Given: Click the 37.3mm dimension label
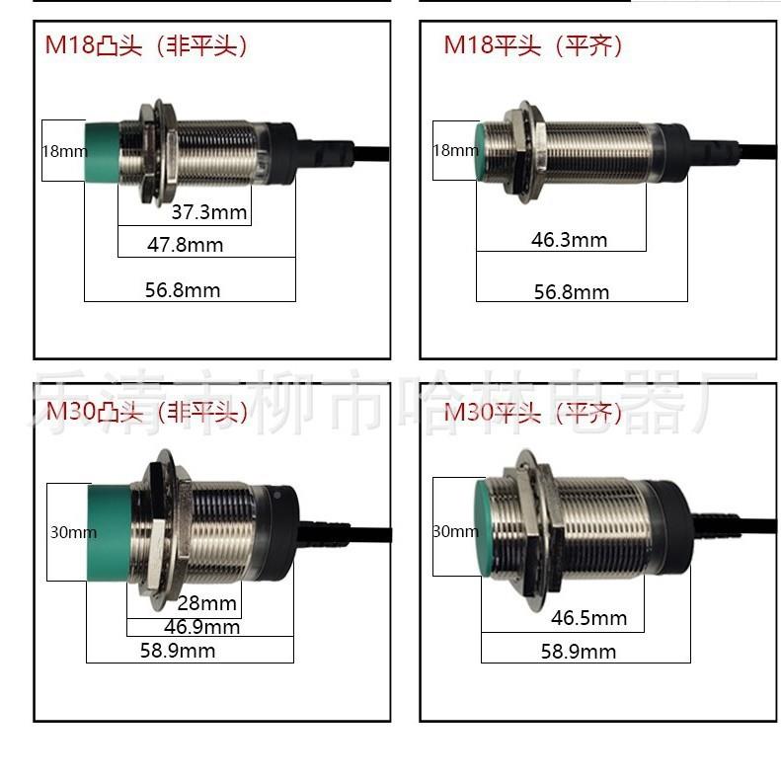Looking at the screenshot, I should (x=208, y=212).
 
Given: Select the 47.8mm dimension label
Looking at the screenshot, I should (x=186, y=245).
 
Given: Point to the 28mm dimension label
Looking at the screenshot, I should (x=207, y=603).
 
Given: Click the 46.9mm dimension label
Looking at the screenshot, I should (x=202, y=627).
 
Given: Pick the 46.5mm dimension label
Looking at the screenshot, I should (x=588, y=619).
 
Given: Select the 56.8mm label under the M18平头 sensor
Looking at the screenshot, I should (x=572, y=292).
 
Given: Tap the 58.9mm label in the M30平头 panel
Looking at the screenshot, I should (x=579, y=652).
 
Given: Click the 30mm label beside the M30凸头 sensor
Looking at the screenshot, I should (x=73, y=532).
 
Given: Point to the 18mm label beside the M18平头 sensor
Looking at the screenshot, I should (x=455, y=151).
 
